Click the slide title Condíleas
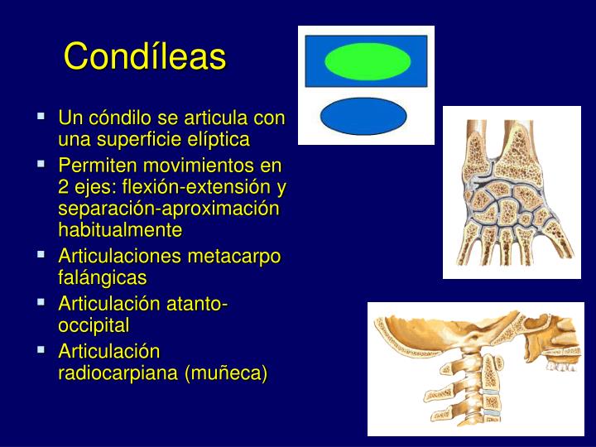[145, 57]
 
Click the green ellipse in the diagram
[368, 61]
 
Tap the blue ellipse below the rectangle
[363, 116]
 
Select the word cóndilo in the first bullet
[112, 118]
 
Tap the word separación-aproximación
[170, 208]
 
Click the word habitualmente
[120, 228]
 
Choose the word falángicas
[102, 277]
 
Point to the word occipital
[94, 324]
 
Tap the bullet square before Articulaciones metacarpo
[41, 256]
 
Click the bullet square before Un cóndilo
[41, 118]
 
